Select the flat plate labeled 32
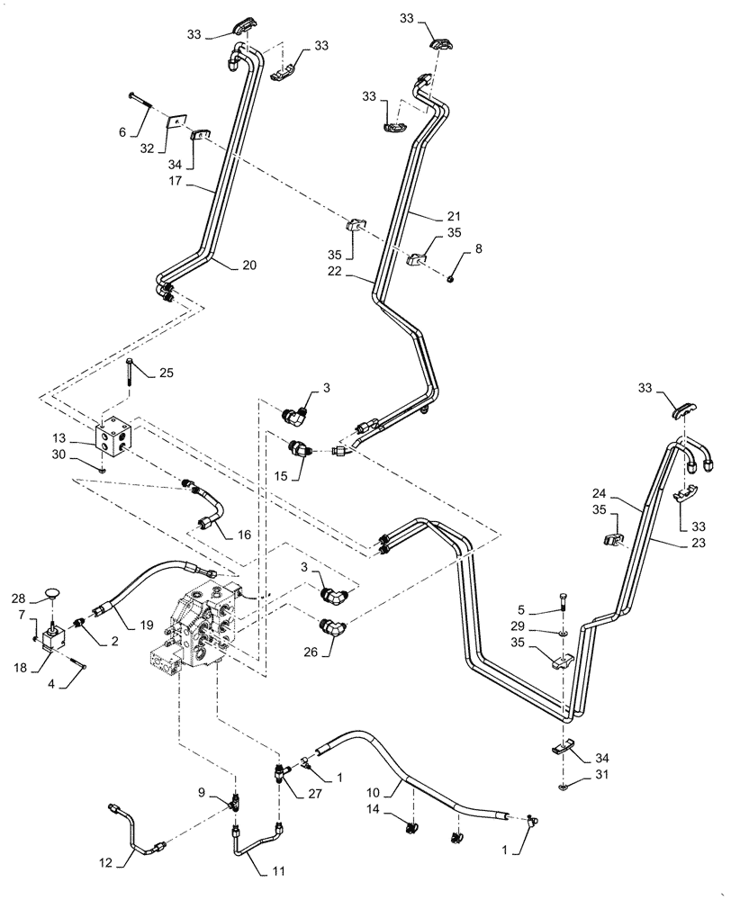tap(178, 121)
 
